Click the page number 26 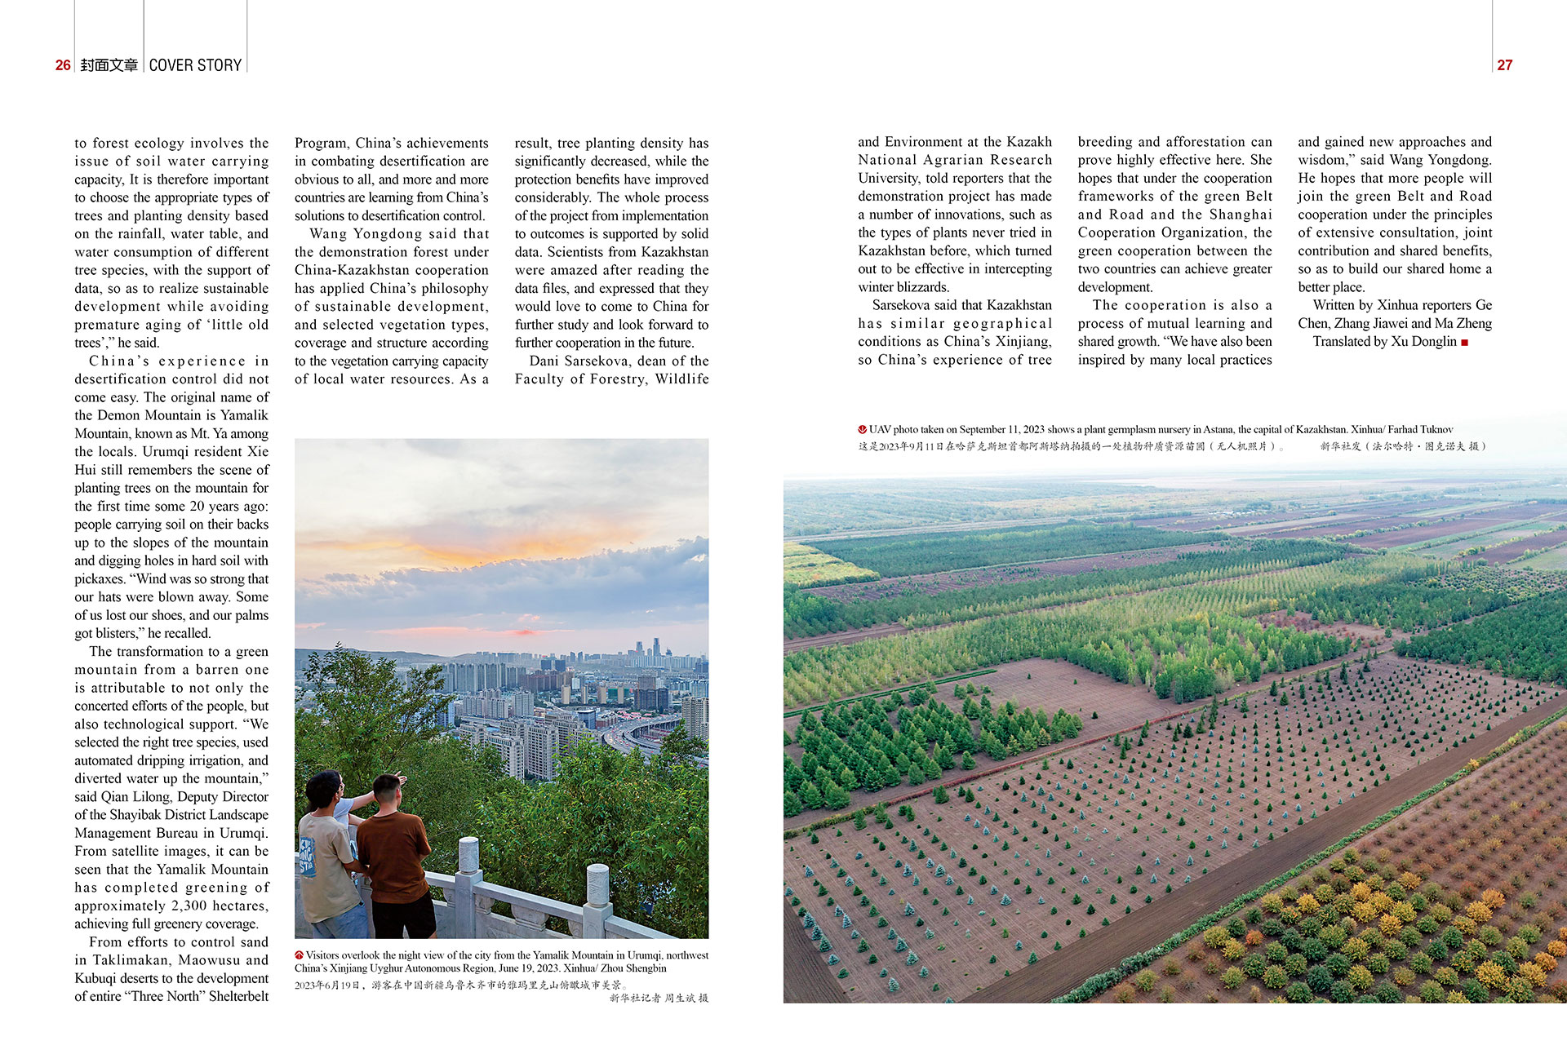coord(63,65)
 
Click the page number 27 coord(1504,65)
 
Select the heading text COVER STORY coord(195,65)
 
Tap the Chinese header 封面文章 coord(109,65)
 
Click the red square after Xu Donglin coord(1465,343)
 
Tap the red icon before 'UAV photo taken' coord(862,429)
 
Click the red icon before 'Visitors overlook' coord(300,955)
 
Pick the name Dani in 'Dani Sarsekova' coord(543,361)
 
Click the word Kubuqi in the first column coord(95,978)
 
